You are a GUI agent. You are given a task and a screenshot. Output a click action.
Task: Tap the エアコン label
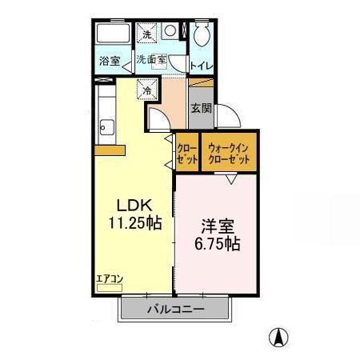[x=108, y=279]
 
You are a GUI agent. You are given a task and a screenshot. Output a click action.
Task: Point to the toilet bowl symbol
[x=201, y=34]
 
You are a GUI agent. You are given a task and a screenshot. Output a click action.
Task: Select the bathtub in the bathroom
[x=112, y=36]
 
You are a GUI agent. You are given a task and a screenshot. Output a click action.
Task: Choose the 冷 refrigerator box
[x=148, y=90]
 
